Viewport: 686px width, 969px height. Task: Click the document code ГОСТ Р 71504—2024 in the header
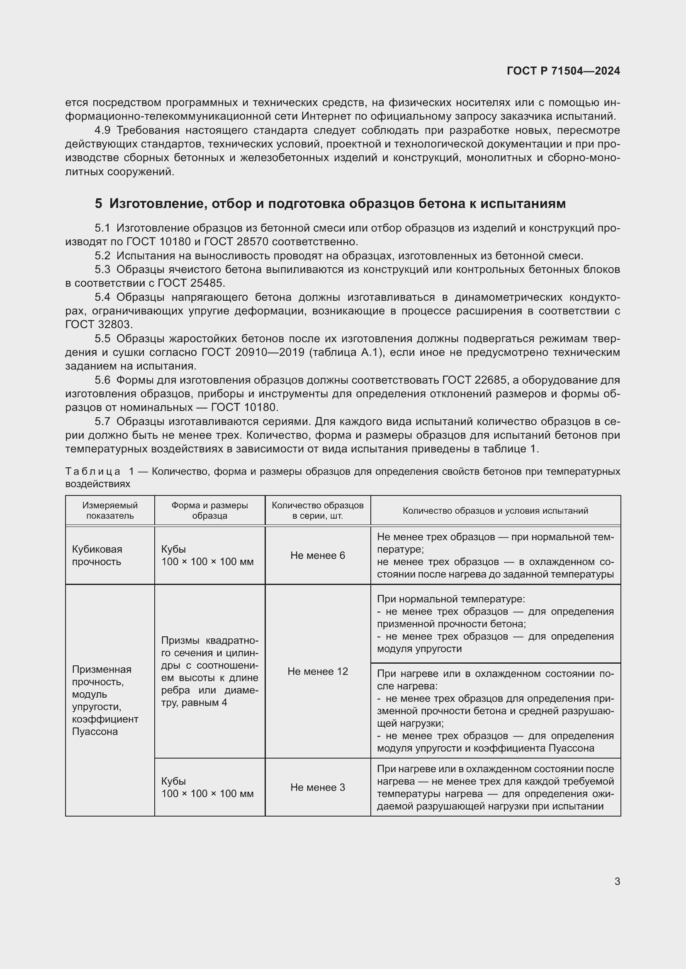click(563, 71)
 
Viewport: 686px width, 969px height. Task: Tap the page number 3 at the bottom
click(617, 881)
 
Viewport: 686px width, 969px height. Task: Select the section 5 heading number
click(98, 204)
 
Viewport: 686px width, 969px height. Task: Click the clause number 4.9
click(102, 130)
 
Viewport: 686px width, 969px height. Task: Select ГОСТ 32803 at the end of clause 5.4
click(98, 324)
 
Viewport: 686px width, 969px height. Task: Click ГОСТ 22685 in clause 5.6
click(474, 380)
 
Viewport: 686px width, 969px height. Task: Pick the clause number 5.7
click(102, 421)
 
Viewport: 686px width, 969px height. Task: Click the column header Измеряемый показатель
click(110, 510)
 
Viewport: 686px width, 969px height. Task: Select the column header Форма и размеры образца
click(209, 510)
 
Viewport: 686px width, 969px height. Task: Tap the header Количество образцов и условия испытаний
click(495, 511)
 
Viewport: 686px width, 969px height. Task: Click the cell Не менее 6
click(318, 556)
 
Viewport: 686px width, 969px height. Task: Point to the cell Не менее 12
click(318, 672)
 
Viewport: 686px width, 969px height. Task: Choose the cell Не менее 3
click(318, 788)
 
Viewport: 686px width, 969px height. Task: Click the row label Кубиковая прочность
click(97, 556)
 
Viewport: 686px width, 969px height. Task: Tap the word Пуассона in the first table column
click(95, 731)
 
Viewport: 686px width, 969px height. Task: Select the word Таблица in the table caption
click(92, 471)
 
